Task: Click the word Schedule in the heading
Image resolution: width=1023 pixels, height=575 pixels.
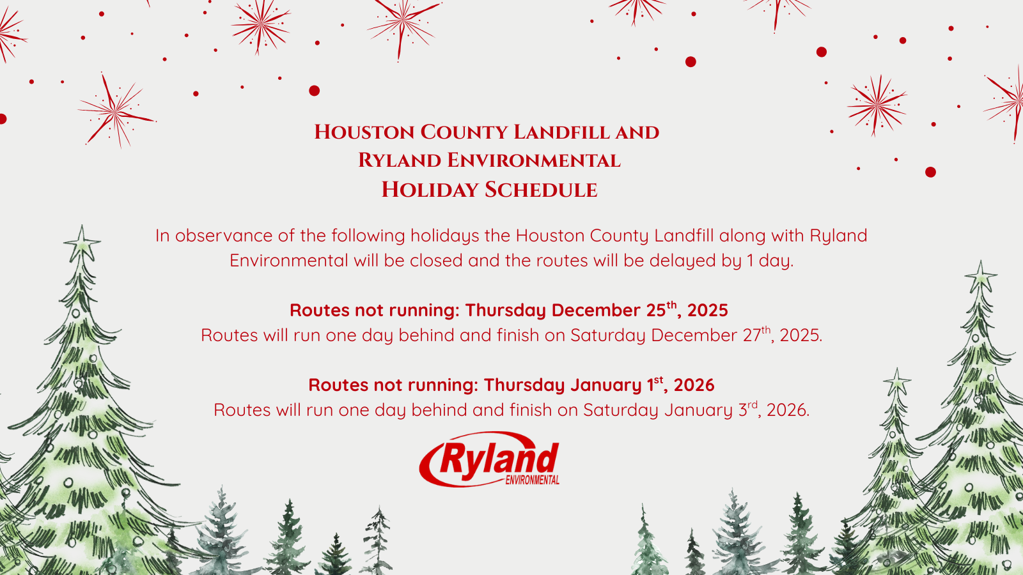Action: point(541,190)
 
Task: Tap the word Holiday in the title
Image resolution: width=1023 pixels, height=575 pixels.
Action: point(429,190)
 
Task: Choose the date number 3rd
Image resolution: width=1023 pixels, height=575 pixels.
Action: point(748,410)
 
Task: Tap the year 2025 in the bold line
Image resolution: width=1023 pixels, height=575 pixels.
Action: point(707,310)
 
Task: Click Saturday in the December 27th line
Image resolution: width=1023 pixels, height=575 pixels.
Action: point(608,335)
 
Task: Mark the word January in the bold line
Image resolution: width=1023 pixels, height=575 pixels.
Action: point(605,385)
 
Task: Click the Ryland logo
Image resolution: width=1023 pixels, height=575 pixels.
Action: point(489,459)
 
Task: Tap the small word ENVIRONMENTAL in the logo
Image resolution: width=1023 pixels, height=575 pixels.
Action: point(532,480)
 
